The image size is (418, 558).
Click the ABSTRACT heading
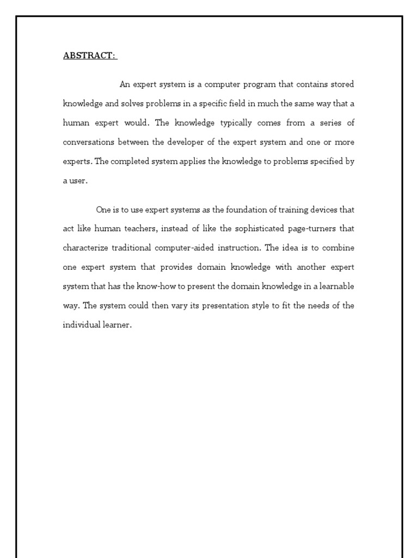[89, 56]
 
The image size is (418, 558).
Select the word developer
[185, 142]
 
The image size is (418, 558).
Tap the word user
[78, 181]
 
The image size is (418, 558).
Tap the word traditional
[132, 248]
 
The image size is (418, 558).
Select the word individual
[81, 325]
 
